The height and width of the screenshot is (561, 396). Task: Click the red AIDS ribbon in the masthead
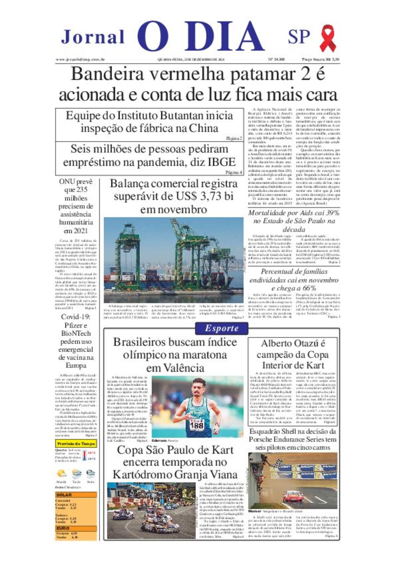click(x=328, y=38)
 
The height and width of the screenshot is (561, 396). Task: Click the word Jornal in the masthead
click(x=93, y=37)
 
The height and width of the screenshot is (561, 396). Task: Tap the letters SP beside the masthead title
click(x=299, y=37)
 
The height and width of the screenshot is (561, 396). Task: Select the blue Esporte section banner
click(x=222, y=328)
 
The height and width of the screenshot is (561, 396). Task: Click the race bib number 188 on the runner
click(x=196, y=425)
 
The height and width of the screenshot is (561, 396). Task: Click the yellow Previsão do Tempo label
click(x=76, y=444)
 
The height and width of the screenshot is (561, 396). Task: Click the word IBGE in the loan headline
click(x=221, y=162)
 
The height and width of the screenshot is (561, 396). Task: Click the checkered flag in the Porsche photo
click(x=278, y=463)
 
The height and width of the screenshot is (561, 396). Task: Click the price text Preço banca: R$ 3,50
click(x=320, y=60)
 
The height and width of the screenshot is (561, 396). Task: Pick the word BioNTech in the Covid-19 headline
click(x=76, y=333)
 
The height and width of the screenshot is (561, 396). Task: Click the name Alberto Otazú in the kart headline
click(x=293, y=343)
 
